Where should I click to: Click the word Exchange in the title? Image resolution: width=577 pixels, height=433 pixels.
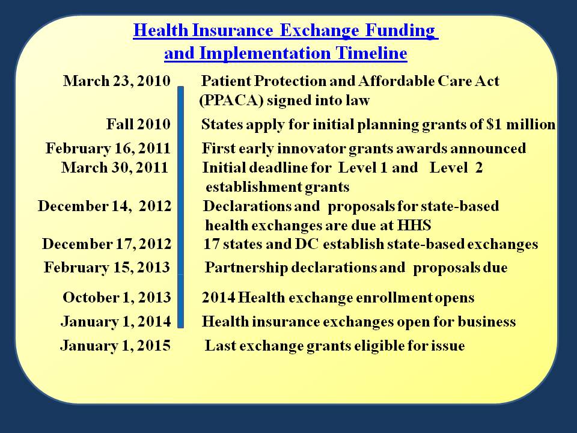coord(319,31)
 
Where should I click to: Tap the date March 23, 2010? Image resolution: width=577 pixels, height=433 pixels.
coord(117,81)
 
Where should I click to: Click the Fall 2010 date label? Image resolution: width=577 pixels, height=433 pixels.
coord(138,124)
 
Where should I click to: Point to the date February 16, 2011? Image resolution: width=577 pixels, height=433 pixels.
coord(108,149)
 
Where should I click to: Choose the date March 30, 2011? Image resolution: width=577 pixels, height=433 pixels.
coord(114,168)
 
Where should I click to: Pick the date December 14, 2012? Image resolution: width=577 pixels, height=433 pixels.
coord(105,206)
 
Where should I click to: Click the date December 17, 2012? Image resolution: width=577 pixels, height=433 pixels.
coord(107,244)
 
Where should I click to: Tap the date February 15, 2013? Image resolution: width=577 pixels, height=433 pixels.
coord(107,267)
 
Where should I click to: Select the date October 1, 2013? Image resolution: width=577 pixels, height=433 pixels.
coord(117,298)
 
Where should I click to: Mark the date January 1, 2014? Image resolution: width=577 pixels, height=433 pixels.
coord(115,321)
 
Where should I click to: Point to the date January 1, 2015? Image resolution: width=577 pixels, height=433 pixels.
coord(115,345)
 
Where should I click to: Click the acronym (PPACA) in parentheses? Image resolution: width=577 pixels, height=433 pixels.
coord(231,100)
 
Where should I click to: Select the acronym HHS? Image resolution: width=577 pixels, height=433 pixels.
coord(414,225)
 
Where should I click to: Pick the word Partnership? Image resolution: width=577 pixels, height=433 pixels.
coord(246,268)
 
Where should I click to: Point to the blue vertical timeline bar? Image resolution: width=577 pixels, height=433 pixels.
coord(180,207)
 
